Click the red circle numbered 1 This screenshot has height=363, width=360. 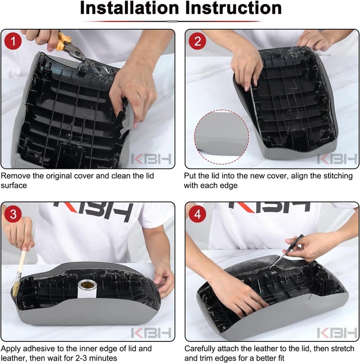point(13,41)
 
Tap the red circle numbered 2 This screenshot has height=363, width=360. point(198,41)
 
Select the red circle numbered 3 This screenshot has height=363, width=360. point(13,214)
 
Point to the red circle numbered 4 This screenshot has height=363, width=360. point(198,214)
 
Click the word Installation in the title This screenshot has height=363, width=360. point(130,8)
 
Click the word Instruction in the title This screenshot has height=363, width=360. point(234,8)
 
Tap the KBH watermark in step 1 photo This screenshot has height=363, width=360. point(151,159)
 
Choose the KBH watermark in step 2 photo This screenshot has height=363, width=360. point(337,159)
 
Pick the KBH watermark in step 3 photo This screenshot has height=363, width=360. point(151,333)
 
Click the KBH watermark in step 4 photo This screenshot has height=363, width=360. point(337,333)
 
